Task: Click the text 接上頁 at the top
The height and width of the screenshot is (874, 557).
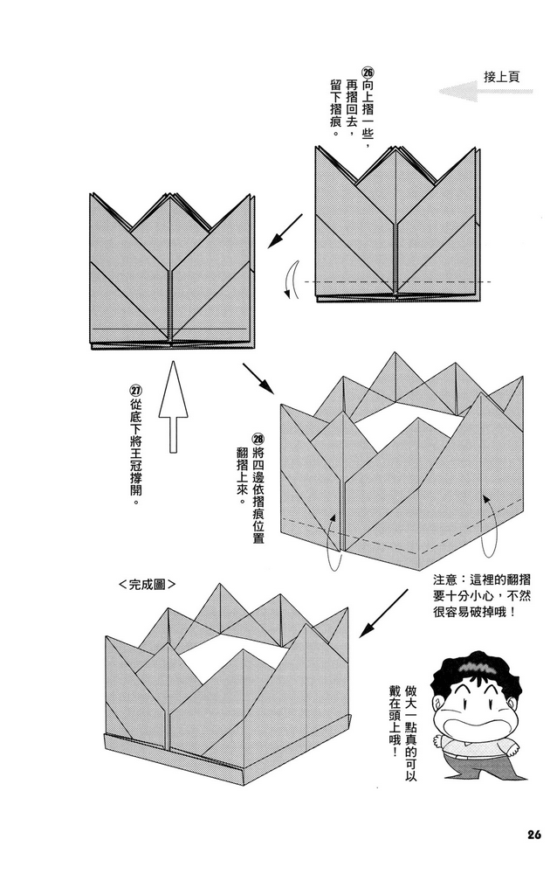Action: (502, 76)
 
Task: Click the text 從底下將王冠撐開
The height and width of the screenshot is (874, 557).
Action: (135, 454)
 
